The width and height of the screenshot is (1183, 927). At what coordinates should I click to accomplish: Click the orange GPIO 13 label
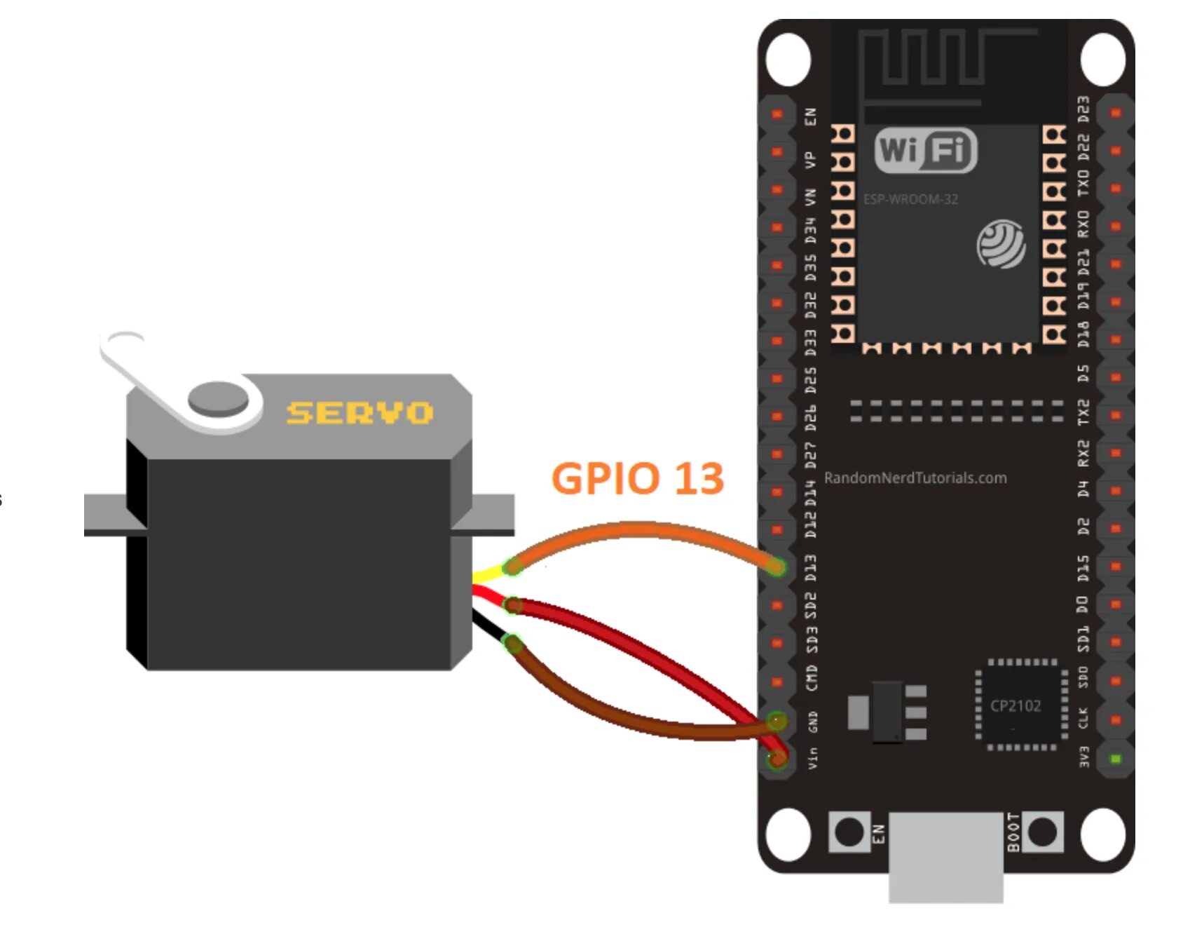point(637,478)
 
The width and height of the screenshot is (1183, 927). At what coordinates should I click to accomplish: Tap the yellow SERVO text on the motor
point(360,413)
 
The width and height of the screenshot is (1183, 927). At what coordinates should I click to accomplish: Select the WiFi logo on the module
point(926,150)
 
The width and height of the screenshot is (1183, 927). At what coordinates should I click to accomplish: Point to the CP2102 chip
point(1016,705)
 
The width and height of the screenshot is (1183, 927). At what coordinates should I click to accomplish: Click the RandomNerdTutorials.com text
point(915,478)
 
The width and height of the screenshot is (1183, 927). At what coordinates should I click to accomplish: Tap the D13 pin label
point(811,567)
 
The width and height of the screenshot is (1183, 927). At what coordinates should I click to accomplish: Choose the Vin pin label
point(812,757)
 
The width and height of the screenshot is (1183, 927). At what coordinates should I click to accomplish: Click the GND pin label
point(812,722)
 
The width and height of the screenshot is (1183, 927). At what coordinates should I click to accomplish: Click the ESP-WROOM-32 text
point(910,200)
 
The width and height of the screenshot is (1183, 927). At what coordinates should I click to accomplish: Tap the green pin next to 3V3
point(1116,759)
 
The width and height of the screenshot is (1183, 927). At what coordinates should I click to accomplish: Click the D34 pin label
point(811,230)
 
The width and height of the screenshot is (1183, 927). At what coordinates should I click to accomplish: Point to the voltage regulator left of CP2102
point(888,711)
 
